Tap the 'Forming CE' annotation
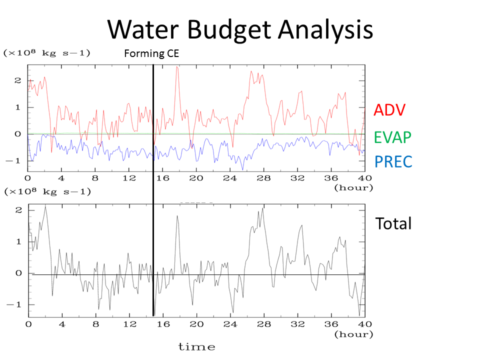click(151, 54)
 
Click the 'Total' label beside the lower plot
click(393, 223)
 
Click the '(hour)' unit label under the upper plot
click(353, 187)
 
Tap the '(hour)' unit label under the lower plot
click(353, 333)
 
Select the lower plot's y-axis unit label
click(46, 191)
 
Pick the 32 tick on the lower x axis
click(298, 324)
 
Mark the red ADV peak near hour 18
click(177, 67)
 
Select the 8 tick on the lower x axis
click(95, 324)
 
